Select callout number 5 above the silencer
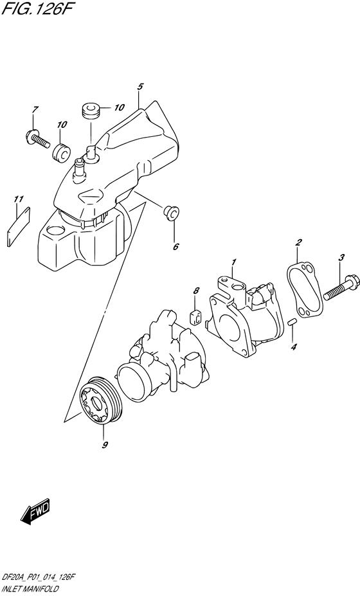pos(139,87)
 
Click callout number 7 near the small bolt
pos(36,109)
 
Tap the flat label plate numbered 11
pos(20,221)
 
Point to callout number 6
pos(175,246)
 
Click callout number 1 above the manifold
pos(234,262)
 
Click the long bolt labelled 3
pos(327,288)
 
